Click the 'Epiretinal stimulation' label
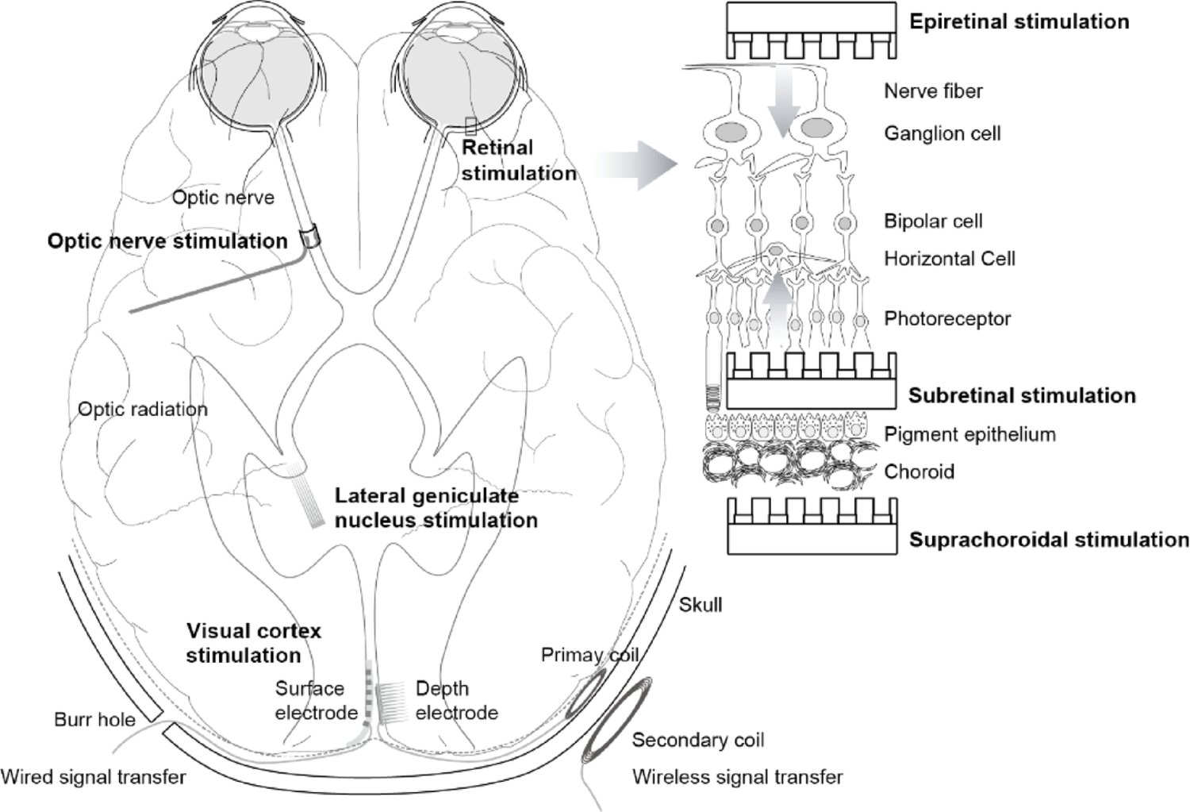coord(1019,21)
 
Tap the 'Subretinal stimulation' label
coord(1022,395)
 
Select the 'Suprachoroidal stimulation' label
coord(1048,541)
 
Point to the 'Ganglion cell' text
coord(942,133)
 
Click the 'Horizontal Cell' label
coord(949,259)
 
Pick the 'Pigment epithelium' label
coord(969,435)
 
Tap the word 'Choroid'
coord(919,471)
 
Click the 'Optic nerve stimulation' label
coord(167,241)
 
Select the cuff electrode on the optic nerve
coord(311,237)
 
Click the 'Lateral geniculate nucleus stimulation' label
coord(436,508)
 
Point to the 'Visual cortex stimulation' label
coord(253,643)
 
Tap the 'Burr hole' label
coord(94,720)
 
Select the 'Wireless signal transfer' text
coord(737,776)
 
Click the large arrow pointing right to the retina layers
coord(639,165)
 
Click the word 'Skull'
coord(701,605)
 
